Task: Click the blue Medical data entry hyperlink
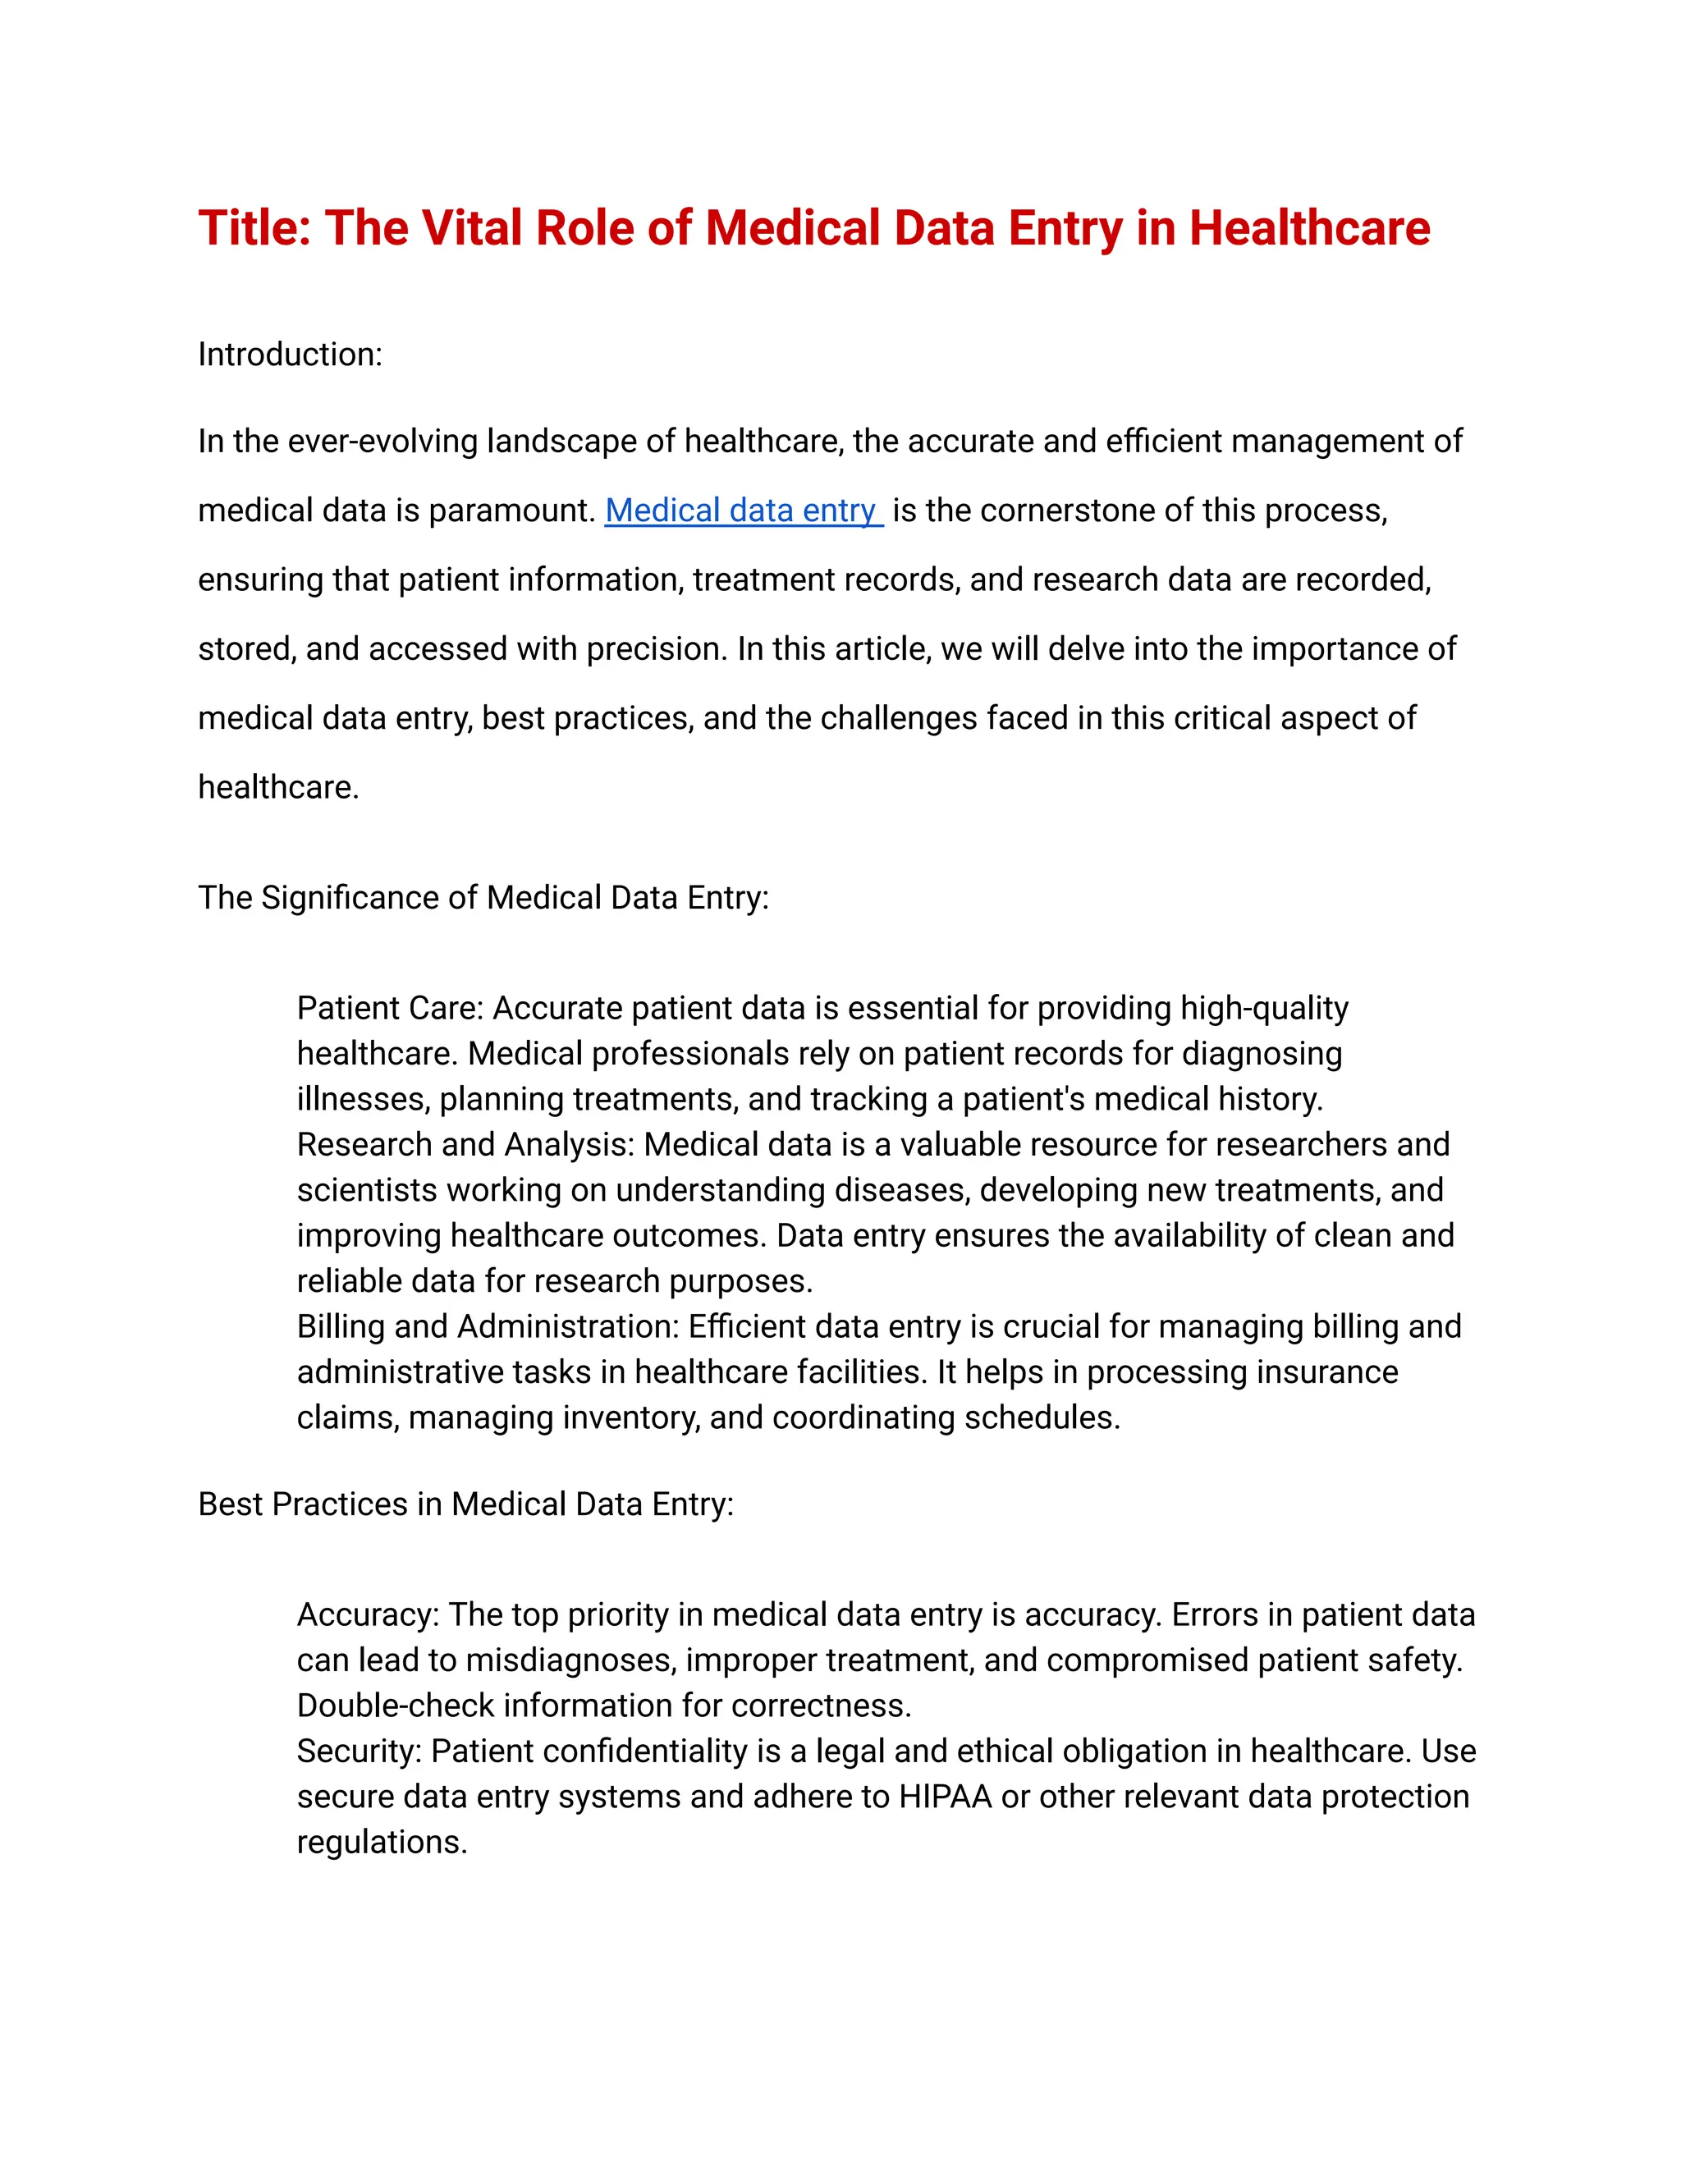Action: pos(742,511)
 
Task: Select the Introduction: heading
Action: pos(290,355)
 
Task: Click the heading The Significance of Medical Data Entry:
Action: pos(483,897)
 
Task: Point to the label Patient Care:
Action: pos(389,1008)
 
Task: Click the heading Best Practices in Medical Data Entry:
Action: pos(465,1504)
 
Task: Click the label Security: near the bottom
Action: pos(360,1751)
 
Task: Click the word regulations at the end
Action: pos(382,1843)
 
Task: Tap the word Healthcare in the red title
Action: pos(1309,228)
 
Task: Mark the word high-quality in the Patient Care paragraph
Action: pos(1264,1008)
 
